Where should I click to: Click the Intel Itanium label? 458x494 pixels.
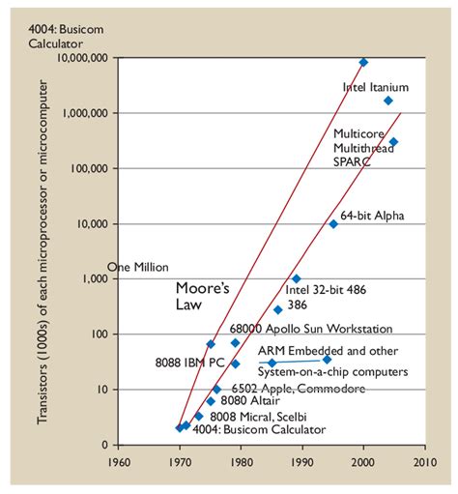coord(376,86)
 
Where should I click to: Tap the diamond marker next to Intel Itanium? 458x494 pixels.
coord(388,101)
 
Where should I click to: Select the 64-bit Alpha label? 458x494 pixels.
coord(372,214)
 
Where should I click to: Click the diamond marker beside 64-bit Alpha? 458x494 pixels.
coord(333,223)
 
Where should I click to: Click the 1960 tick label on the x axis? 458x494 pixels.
coord(118,461)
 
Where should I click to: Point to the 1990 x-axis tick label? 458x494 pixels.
coord(302,461)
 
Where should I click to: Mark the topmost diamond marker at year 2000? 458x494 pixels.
coord(364,62)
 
